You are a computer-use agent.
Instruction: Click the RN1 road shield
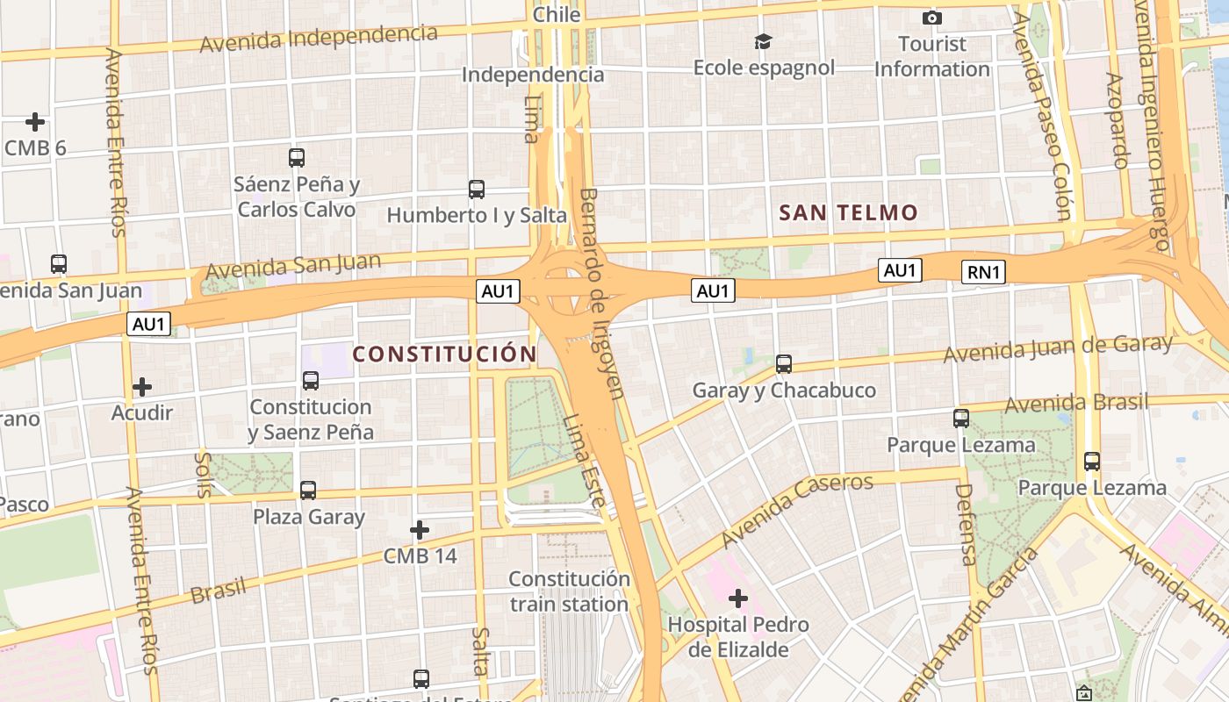point(983,272)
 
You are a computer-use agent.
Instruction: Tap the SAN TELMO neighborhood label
point(848,212)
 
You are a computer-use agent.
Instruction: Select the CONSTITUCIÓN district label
point(444,354)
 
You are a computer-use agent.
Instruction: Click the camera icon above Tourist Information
point(932,18)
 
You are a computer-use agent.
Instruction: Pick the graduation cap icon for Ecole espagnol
point(763,41)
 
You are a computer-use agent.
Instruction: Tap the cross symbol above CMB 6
point(35,121)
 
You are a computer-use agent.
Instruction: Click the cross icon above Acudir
point(141,386)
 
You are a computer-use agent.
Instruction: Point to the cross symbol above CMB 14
point(420,530)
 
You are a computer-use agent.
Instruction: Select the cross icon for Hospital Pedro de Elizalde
point(738,599)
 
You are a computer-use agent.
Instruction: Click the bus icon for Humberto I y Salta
point(477,189)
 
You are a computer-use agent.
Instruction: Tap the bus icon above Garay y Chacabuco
point(784,363)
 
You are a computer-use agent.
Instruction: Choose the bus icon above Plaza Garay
point(308,490)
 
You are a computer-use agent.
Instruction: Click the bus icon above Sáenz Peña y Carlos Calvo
point(297,158)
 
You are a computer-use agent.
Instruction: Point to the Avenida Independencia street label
point(319,38)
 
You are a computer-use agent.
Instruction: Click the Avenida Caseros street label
point(797,509)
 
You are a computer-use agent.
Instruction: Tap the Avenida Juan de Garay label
point(1058,348)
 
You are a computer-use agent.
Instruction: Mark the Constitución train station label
point(569,591)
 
